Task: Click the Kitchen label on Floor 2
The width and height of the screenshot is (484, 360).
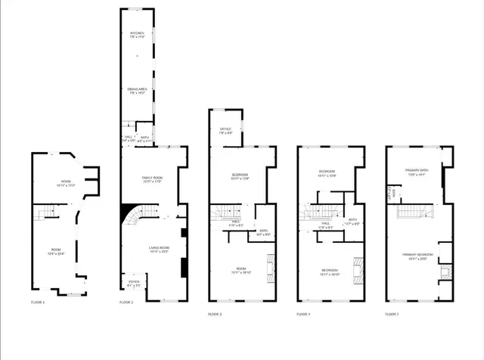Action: click(137, 33)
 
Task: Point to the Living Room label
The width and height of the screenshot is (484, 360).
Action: click(159, 248)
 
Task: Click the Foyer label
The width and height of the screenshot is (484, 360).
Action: click(134, 282)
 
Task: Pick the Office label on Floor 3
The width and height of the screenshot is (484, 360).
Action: click(225, 129)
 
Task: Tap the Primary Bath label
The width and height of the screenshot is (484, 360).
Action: click(417, 170)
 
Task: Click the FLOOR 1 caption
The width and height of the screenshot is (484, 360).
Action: click(39, 302)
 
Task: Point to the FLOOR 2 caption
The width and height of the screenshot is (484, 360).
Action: click(126, 302)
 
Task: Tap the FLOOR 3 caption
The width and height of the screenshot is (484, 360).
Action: click(215, 313)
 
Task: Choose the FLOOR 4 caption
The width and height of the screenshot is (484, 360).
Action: click(303, 313)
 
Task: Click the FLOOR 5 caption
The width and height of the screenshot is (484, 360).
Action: click(391, 313)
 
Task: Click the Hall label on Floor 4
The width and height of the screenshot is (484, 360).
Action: click(324, 222)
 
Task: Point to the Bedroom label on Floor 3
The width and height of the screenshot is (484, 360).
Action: click(240, 175)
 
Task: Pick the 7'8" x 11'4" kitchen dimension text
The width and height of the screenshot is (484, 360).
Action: click(137, 37)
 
